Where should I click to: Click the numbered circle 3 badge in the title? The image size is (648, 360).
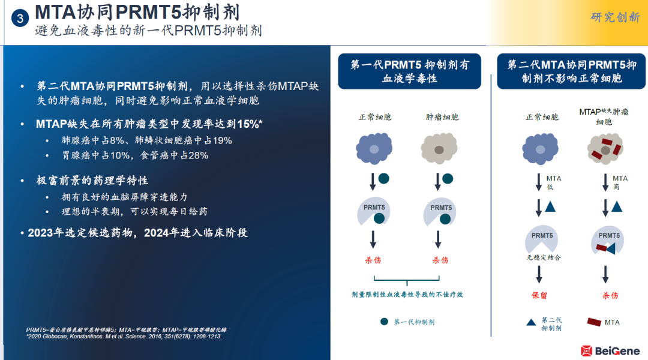coord(20,18)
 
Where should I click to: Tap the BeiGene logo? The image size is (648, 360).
coord(610,351)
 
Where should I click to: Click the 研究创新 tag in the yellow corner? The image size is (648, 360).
coord(615,17)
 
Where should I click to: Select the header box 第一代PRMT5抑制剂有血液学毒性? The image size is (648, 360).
coord(410,71)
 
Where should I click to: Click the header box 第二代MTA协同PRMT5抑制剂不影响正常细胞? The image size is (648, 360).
coord(571,71)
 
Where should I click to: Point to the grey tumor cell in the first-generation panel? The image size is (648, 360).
coord(439,148)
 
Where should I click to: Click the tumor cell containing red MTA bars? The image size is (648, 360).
coord(605,149)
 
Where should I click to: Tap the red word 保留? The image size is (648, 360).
coord(539,296)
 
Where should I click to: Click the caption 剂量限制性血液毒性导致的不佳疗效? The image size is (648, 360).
coord(407,294)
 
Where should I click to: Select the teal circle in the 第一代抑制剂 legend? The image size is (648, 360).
coord(385,322)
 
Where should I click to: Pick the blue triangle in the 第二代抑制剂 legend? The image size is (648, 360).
coord(531,322)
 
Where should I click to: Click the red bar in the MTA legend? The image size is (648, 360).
coord(594,322)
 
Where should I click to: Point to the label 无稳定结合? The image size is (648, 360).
coord(544,257)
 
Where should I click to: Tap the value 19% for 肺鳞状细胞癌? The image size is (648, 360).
coord(222,140)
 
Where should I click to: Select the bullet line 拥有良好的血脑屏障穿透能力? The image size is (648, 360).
coord(124,197)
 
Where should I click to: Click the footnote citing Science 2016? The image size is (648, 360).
coord(124,337)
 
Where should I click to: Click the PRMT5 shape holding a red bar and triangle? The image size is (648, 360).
coord(607,241)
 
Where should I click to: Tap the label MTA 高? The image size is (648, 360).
coord(619,182)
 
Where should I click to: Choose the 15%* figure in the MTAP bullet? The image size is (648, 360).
coord(250,124)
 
